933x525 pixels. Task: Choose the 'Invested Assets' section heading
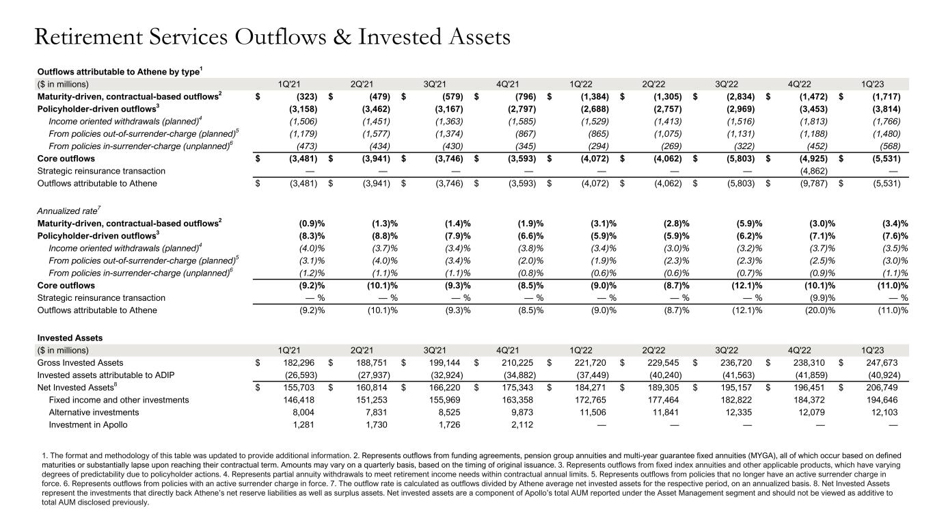pos(70,337)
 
